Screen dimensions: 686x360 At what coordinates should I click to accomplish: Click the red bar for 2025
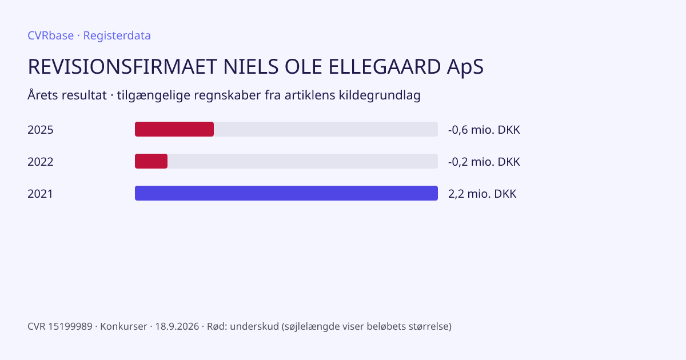[x=174, y=129]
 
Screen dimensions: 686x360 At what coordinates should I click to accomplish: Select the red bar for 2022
[x=151, y=161]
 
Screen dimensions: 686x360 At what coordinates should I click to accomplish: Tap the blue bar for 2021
[x=286, y=193]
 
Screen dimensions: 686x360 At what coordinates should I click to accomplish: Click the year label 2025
[x=41, y=130]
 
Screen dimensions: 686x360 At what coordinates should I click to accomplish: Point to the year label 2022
[x=41, y=162]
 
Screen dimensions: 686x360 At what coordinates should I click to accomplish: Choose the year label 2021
[x=40, y=194]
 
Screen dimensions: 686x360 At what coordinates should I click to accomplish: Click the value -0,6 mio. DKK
[x=484, y=130]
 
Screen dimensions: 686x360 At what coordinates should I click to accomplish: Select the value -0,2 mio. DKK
[x=484, y=162]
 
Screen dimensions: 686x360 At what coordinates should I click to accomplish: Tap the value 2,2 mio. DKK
[x=482, y=194]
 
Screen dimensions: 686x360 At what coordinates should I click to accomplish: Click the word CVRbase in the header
[x=50, y=35]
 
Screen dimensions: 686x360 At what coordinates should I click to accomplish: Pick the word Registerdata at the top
[x=117, y=36]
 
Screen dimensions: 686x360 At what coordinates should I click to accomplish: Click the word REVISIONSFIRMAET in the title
[x=122, y=67]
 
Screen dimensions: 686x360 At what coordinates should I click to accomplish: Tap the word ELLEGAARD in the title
[x=384, y=67]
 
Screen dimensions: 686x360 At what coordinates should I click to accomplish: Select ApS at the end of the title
[x=465, y=67]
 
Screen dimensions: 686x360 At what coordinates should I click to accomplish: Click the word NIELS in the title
[x=251, y=67]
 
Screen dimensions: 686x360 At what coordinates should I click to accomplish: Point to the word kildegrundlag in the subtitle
[x=380, y=95]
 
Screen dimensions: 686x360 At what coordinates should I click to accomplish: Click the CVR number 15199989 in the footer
[x=70, y=326]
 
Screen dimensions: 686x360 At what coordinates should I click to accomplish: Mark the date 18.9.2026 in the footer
[x=177, y=326]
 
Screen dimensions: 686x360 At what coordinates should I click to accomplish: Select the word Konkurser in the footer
[x=123, y=326]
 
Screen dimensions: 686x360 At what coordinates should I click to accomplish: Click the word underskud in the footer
[x=254, y=326]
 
